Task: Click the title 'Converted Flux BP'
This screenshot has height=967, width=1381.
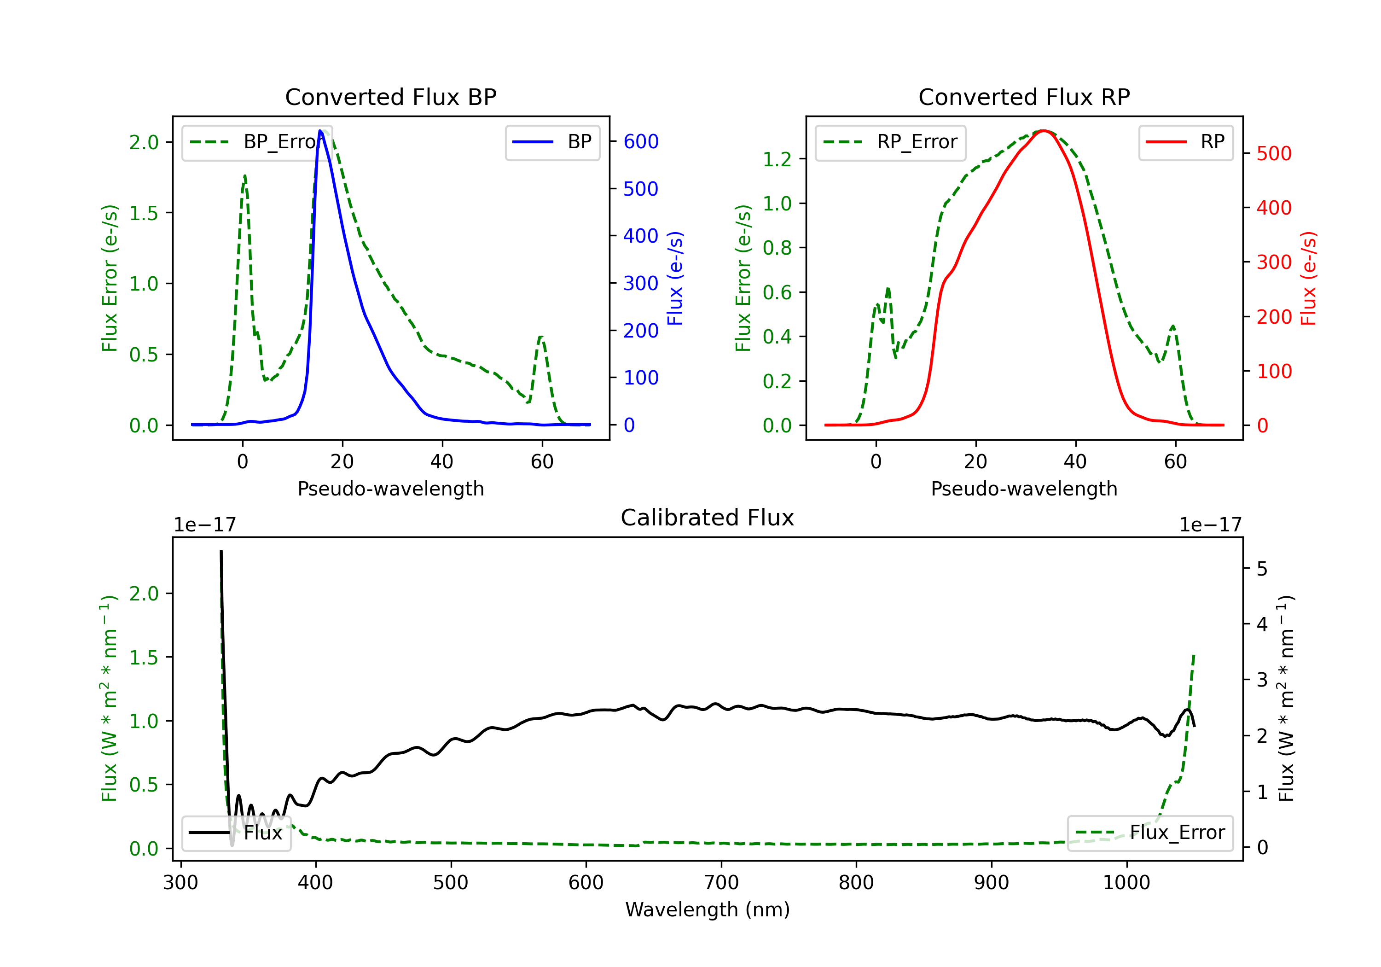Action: click(x=390, y=97)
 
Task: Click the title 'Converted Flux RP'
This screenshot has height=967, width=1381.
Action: click(x=1024, y=97)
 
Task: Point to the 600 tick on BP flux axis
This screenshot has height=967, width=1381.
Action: click(x=641, y=141)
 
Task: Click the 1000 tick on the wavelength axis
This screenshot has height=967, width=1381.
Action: click(x=1126, y=883)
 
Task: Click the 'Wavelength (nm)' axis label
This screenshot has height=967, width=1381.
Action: click(x=708, y=909)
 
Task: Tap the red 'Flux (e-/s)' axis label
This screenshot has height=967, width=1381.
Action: click(x=1308, y=278)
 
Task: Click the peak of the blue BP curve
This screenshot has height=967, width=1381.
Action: click(x=320, y=131)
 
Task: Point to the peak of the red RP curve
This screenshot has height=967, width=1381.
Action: click(x=1044, y=131)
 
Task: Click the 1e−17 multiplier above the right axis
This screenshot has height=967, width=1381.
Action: click(x=1210, y=525)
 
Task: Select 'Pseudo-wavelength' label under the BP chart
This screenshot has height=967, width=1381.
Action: click(x=390, y=489)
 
